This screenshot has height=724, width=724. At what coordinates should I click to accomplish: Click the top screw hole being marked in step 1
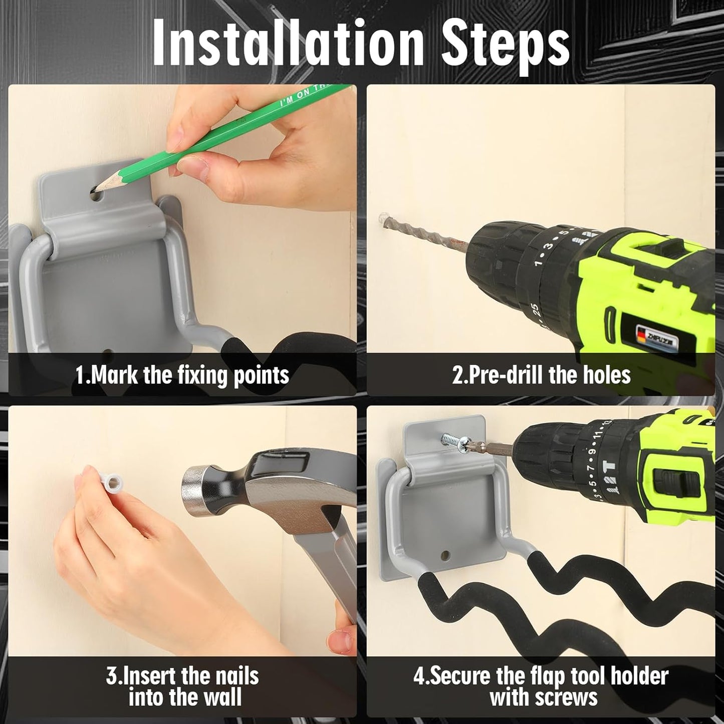97,194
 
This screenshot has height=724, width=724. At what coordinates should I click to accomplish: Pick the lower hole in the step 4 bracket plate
445,554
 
